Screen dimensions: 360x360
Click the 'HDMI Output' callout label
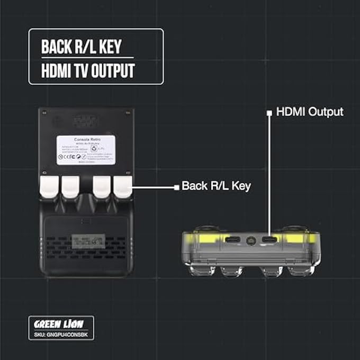[x=310, y=112]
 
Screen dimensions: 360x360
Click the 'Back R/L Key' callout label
[x=216, y=186]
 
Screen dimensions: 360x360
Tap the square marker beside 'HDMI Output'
[x=269, y=112]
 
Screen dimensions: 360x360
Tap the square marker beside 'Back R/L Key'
[x=176, y=186]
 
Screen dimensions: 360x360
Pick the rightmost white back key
[x=123, y=187]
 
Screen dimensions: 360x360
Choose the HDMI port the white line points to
[x=270, y=240]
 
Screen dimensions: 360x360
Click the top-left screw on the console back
[x=44, y=112]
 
